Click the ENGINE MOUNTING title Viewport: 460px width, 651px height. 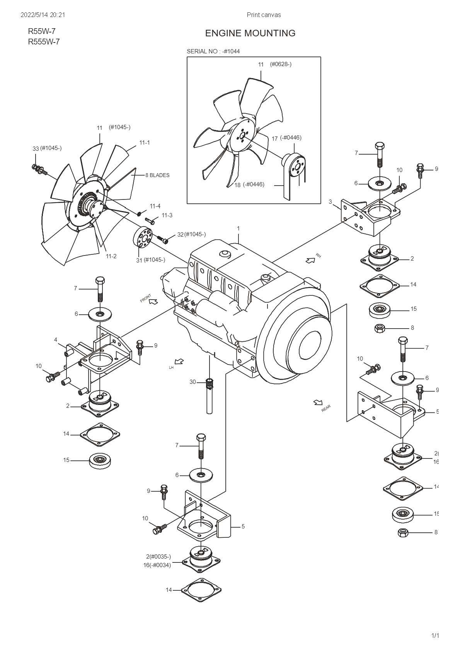click(x=250, y=33)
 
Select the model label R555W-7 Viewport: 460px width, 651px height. click(x=44, y=42)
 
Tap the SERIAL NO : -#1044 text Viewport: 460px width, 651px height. click(x=213, y=51)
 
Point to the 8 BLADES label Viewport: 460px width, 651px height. click(x=157, y=175)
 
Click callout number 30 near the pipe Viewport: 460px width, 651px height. click(x=193, y=382)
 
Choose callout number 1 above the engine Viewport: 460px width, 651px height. click(x=239, y=228)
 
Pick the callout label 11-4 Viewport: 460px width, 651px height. click(x=155, y=206)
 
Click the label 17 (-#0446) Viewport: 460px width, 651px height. click(x=286, y=138)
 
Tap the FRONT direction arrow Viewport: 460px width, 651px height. click(x=153, y=301)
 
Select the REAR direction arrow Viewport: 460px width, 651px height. click(x=318, y=403)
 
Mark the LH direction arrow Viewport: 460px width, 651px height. click(x=179, y=362)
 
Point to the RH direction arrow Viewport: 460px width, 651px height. click(x=310, y=260)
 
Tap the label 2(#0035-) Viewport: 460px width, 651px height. click(x=158, y=557)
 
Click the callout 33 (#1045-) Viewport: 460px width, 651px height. click(x=47, y=148)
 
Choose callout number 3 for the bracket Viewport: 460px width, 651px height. click(x=330, y=201)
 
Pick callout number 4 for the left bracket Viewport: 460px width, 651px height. click(x=56, y=340)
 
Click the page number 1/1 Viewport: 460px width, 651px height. click(x=435, y=636)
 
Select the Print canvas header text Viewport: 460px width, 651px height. click(x=264, y=15)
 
